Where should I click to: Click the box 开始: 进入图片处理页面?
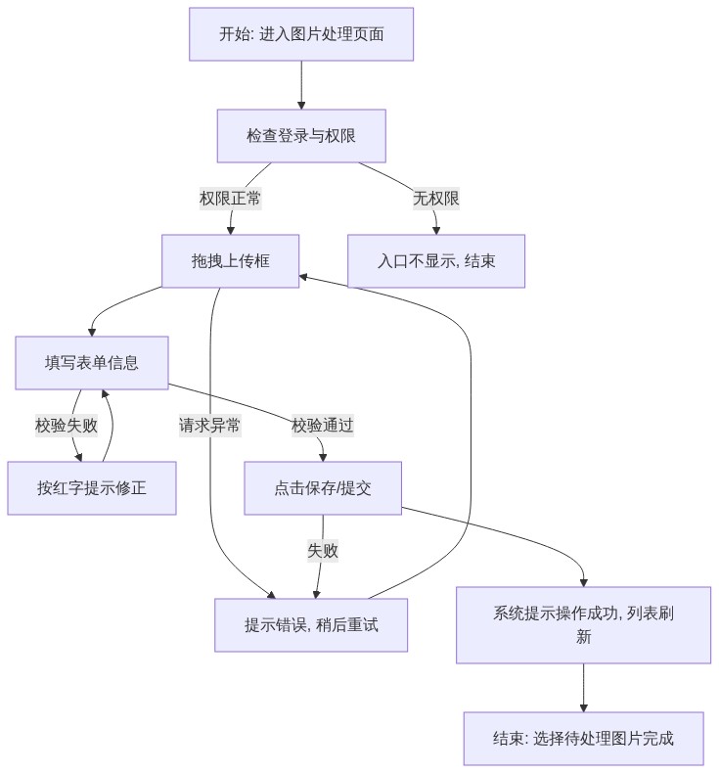point(301,34)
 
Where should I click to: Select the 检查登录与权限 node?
point(301,136)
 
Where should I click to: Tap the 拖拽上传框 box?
point(230,261)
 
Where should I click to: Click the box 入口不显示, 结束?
point(436,261)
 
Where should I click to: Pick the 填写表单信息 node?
point(92,363)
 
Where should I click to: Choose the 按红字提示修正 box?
point(92,488)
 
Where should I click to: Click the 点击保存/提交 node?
point(323,488)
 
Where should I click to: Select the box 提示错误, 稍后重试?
point(311,625)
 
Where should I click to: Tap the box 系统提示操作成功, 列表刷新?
point(583,625)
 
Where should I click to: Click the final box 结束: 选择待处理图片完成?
point(583,739)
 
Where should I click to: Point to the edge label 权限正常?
point(230,199)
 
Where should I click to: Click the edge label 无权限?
point(436,199)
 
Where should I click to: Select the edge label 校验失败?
point(67,426)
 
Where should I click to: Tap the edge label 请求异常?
point(209,426)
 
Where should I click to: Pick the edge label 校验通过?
point(323,426)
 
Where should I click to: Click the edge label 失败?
point(323,551)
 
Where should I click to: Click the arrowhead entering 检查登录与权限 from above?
point(301,106)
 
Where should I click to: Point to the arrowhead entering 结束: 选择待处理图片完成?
point(583,707)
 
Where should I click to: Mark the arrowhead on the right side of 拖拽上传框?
point(303,277)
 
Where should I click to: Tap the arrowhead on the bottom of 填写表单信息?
point(105,393)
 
